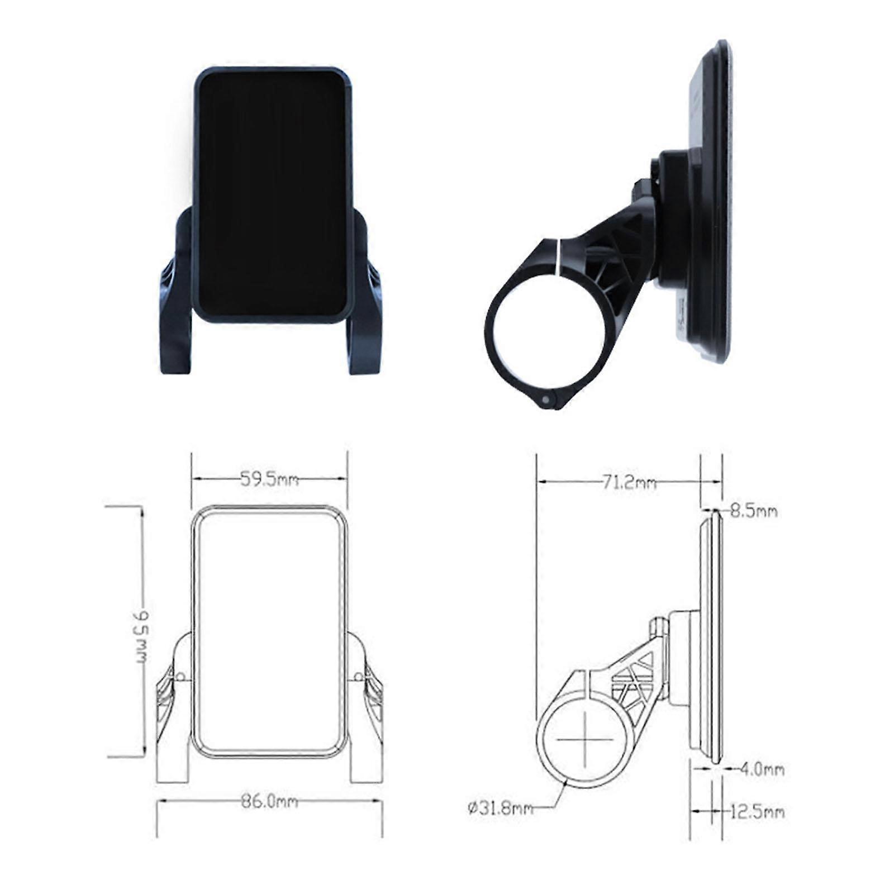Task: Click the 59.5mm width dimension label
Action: coord(269,479)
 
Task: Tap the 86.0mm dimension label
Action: coord(269,802)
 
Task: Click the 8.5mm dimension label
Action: coord(753,511)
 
